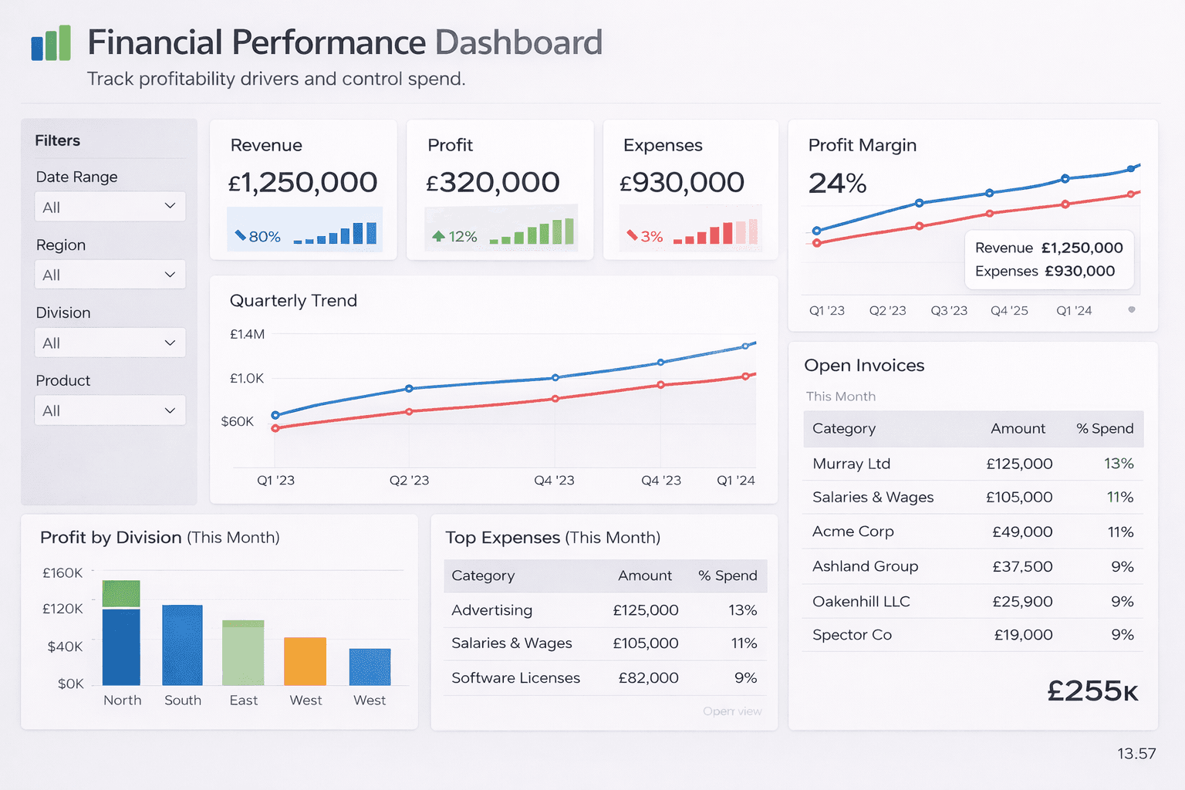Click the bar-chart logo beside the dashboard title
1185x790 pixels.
tap(51, 43)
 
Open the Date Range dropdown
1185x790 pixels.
tap(110, 207)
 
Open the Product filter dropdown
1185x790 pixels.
tap(110, 410)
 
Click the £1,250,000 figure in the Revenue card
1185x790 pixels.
tap(302, 183)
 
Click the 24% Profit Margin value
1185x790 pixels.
tap(837, 184)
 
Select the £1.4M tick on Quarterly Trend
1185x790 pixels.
tap(247, 334)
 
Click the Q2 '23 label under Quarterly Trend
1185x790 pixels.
tap(409, 480)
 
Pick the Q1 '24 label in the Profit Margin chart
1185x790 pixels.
tap(1074, 310)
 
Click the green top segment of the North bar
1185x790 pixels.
tap(121, 593)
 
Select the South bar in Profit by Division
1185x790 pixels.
tap(182, 645)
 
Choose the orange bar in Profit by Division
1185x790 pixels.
tap(306, 661)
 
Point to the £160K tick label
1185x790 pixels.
tap(62, 572)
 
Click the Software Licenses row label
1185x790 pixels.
tap(515, 677)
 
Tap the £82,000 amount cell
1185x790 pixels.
tap(648, 677)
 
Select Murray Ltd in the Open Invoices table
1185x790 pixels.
tap(851, 464)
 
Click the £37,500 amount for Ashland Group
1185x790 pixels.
tap(1022, 566)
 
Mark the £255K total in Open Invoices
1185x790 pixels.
tap(1092, 691)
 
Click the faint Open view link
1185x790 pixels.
tap(732, 711)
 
